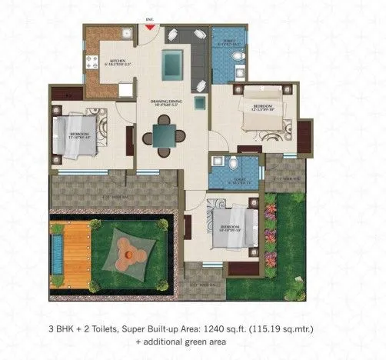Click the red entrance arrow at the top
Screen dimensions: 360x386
click(150, 29)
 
